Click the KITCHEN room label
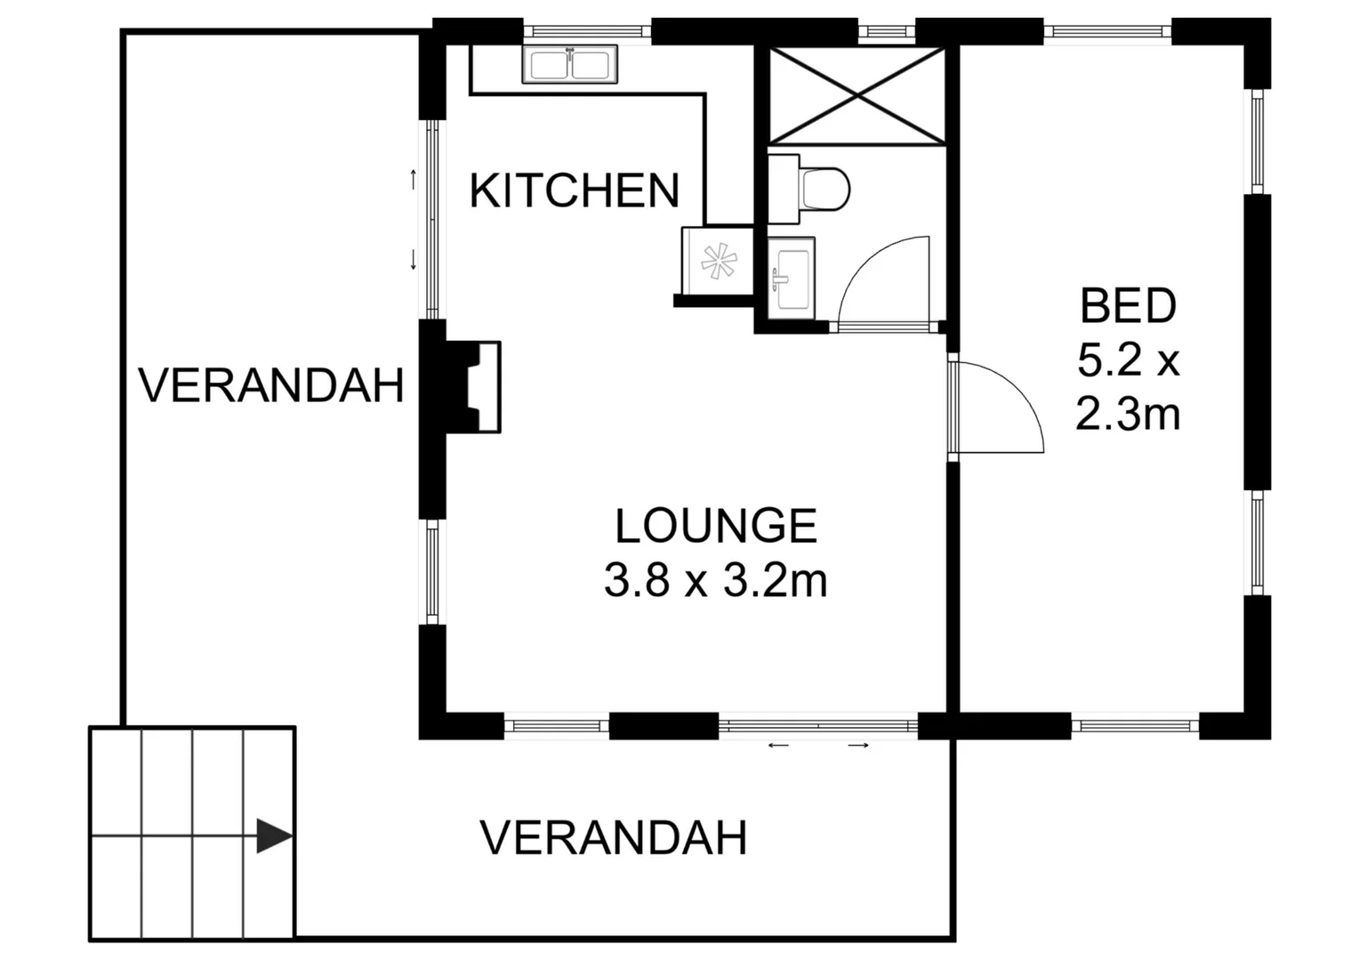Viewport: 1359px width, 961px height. coord(574,190)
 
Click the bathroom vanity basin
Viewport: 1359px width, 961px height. coord(791,276)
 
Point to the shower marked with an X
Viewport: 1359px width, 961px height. coord(856,95)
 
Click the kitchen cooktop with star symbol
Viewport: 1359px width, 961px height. coord(718,261)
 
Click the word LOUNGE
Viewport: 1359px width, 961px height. coord(716,526)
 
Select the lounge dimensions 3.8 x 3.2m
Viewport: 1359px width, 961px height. coord(716,581)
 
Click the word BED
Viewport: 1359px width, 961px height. coord(1128,306)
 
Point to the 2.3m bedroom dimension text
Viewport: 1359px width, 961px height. coord(1128,414)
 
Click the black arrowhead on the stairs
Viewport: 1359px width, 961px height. coord(273,836)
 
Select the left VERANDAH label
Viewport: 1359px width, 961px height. coord(271,386)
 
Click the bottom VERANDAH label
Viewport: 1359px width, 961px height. coord(614,838)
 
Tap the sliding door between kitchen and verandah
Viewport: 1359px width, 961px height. coord(431,220)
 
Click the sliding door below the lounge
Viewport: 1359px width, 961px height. coord(818,727)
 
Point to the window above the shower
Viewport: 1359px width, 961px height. coord(886,31)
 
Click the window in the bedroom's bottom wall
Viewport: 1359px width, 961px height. coord(1135,726)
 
